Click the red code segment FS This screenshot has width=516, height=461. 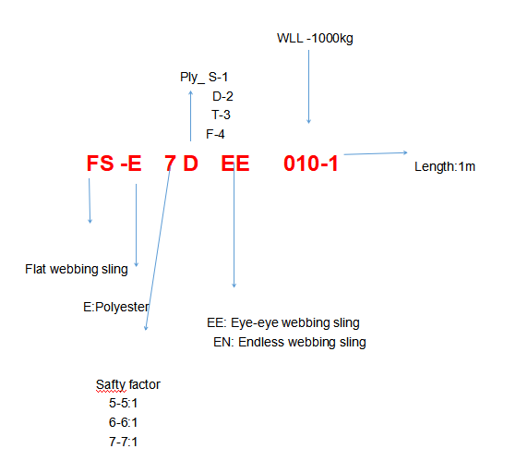100,164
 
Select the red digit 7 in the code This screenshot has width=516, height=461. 170,164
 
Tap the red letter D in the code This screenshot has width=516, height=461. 190,164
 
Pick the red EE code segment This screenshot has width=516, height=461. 235,164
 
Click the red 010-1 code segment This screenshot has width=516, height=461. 311,164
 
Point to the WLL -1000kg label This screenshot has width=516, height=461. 315,39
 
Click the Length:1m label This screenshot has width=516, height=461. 445,166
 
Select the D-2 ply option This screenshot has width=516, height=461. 222,96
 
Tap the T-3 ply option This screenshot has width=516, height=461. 221,115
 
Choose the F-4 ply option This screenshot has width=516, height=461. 215,134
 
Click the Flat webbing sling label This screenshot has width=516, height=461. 77,270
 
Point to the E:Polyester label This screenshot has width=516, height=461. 116,307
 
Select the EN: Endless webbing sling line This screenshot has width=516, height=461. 290,342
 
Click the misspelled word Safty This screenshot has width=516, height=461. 111,384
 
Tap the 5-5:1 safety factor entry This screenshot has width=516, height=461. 123,403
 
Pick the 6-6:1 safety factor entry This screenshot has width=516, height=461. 123,422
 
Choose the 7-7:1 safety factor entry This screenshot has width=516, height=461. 123,442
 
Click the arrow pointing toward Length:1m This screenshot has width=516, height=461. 376,153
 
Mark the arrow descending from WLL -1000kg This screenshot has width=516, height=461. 308,87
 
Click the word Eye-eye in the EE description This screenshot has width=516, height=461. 253,323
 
